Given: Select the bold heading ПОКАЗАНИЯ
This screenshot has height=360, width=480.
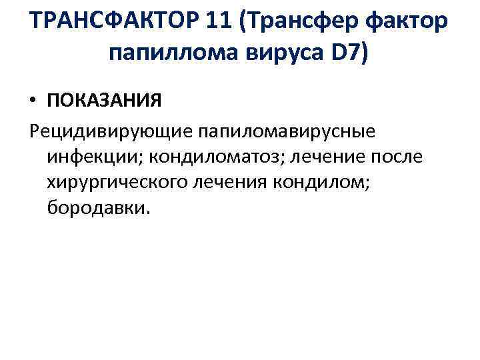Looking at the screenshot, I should [103, 101].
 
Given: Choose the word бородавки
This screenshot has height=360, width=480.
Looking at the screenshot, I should [99, 209].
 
